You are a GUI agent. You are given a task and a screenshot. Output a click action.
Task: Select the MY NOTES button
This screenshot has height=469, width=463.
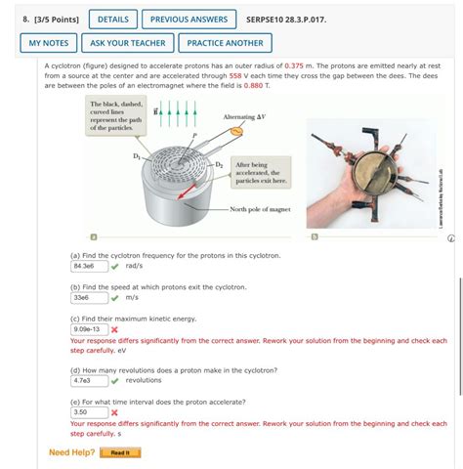click(x=49, y=43)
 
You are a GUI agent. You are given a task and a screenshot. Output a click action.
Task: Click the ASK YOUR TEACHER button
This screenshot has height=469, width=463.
click(x=129, y=43)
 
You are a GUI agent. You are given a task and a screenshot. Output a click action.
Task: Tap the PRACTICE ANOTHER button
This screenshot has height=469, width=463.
click(x=225, y=43)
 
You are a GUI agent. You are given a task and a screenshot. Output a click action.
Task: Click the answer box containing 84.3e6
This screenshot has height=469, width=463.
click(x=88, y=266)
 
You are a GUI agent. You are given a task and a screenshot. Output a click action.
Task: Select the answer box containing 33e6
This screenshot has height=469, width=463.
click(x=88, y=297)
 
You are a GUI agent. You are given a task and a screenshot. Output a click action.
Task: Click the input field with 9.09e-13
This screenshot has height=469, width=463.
click(x=88, y=329)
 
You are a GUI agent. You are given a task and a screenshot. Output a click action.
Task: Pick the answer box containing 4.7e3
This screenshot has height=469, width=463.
click(x=88, y=381)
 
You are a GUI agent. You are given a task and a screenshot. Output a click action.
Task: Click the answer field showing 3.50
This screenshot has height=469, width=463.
click(x=88, y=412)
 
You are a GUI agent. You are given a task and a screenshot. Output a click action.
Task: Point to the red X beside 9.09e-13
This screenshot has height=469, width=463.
click(x=115, y=329)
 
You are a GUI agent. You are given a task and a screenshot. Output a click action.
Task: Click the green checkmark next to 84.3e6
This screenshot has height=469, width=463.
click(x=115, y=266)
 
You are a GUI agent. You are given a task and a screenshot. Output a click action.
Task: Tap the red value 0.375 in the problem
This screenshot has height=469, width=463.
click(x=300, y=64)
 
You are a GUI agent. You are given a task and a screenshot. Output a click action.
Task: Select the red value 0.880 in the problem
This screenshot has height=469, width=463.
click(x=253, y=85)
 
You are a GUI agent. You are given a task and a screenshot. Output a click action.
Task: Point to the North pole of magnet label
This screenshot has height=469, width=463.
click(x=260, y=209)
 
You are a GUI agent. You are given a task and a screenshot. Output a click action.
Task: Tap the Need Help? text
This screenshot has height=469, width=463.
click(x=72, y=452)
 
